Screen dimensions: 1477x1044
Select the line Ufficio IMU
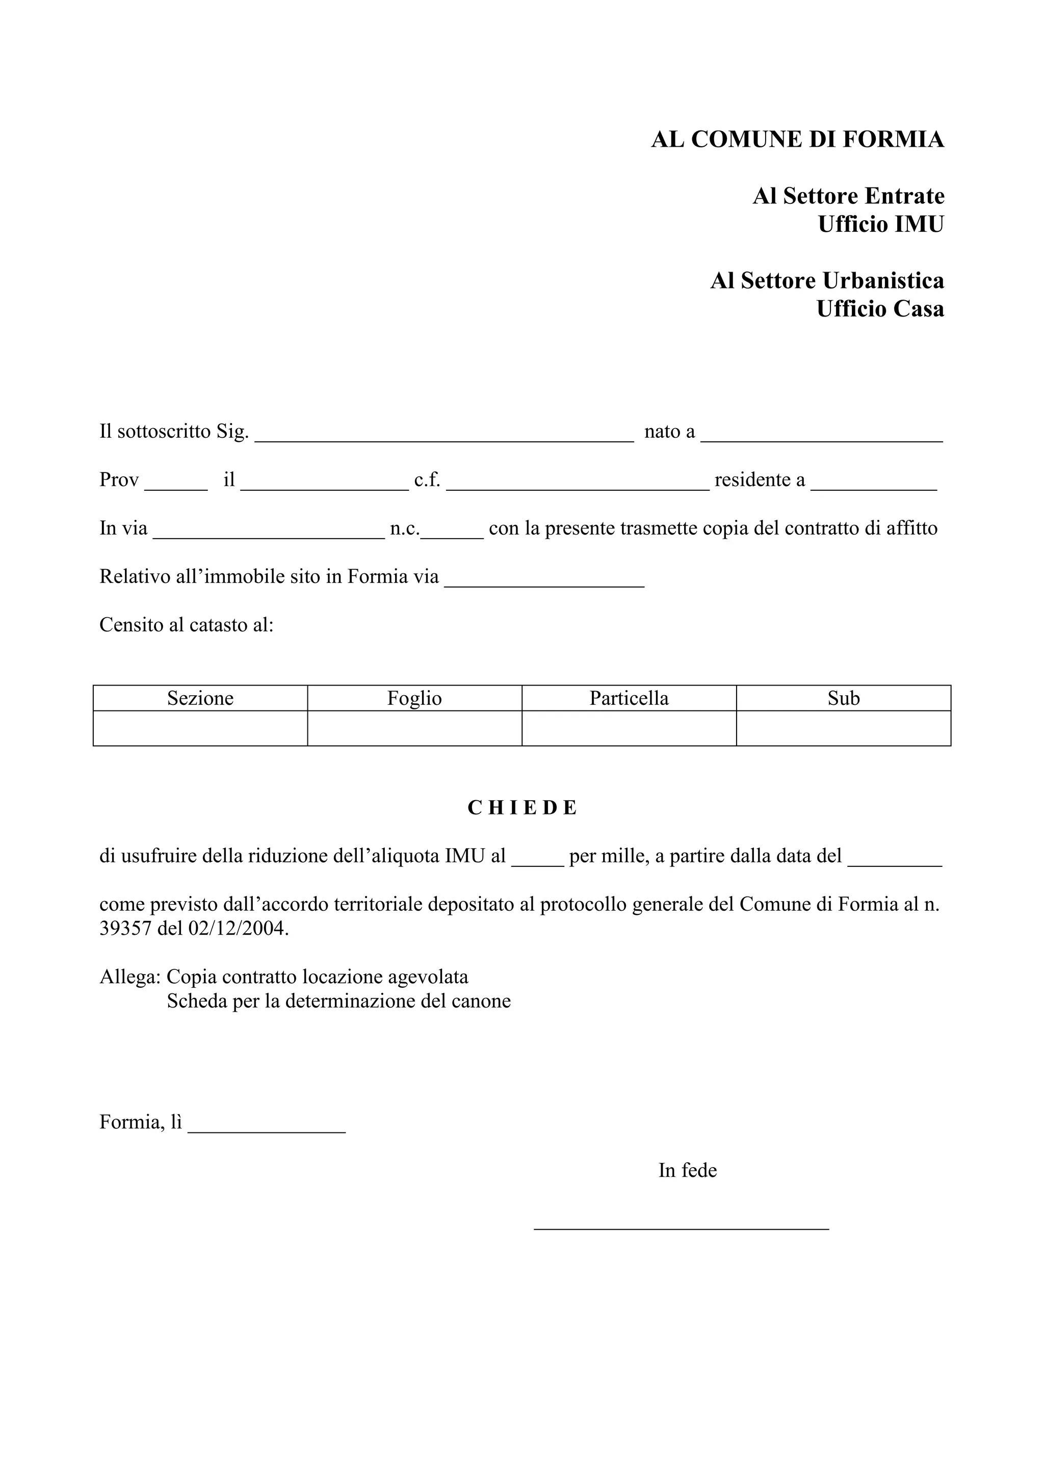880,225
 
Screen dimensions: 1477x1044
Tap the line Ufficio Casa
879,309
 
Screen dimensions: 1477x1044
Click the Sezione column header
200,698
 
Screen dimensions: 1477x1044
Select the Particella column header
629,698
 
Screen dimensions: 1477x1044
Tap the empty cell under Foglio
414,728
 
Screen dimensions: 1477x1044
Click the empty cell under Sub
843,728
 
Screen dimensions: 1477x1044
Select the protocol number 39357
125,929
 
